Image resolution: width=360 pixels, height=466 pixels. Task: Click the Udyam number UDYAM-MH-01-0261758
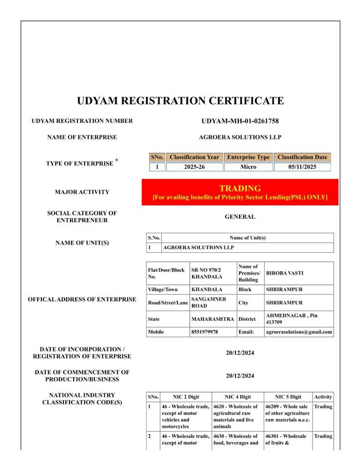click(240, 121)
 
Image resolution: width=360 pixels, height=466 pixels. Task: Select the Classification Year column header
click(194, 157)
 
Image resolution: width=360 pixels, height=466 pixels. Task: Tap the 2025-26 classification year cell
click(194, 167)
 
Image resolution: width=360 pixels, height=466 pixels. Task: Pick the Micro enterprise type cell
click(248, 167)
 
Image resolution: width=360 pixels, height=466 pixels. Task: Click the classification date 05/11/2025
click(302, 167)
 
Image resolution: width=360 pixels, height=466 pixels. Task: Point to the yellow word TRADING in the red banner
click(240, 188)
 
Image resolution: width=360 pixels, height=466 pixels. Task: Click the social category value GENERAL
click(240, 217)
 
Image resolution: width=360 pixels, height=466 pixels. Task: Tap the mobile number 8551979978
click(205, 332)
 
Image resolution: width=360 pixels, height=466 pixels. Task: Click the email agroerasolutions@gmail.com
click(299, 332)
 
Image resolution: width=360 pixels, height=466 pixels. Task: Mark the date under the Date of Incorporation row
click(240, 353)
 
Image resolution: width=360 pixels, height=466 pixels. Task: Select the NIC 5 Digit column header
click(289, 397)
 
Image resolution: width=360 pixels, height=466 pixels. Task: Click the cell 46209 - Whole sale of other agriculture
click(288, 413)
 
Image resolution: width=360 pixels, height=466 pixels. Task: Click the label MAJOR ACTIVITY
click(82, 192)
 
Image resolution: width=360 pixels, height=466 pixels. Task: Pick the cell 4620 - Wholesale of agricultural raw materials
click(237, 416)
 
